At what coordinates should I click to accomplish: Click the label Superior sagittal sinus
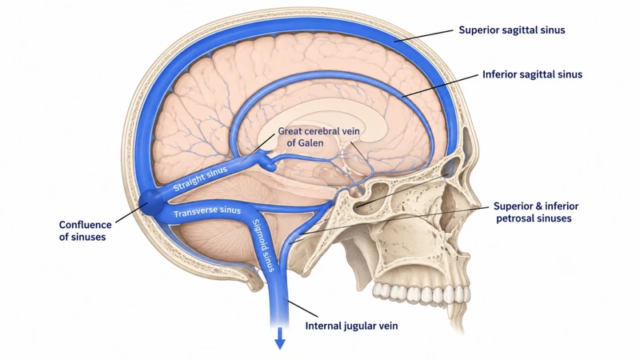click(512, 30)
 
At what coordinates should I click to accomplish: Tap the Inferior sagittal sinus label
click(532, 74)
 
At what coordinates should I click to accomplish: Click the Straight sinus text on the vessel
click(201, 178)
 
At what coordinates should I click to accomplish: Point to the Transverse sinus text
click(207, 211)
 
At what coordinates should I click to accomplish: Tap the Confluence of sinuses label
click(86, 230)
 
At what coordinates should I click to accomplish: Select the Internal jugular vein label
click(351, 326)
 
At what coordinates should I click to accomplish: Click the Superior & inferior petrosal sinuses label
click(535, 212)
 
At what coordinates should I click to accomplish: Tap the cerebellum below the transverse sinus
click(216, 243)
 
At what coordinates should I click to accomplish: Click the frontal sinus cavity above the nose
click(452, 166)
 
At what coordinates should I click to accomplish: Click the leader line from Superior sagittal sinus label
click(424, 35)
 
